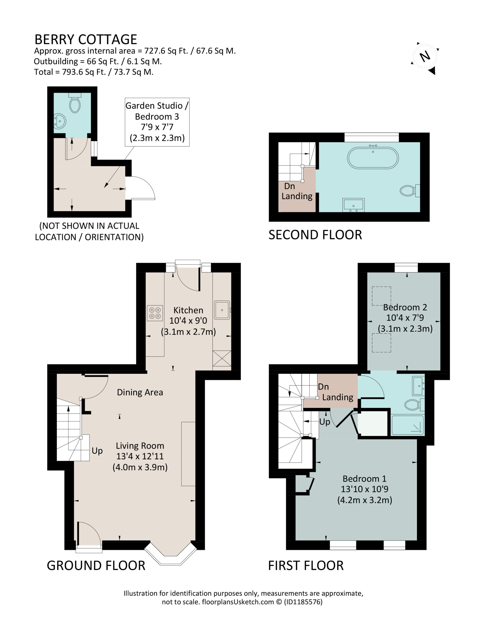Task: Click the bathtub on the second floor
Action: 373,158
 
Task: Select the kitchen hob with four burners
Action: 155,313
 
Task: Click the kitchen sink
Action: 222,310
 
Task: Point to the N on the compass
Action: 425,56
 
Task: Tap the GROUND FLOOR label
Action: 96,565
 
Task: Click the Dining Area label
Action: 140,392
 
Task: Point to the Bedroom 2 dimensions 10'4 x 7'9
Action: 405,318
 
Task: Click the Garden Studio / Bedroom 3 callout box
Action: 157,122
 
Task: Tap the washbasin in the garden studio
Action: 60,121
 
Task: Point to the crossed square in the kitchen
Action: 222,358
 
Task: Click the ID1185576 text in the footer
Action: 303,602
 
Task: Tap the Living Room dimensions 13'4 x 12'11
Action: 140,456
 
